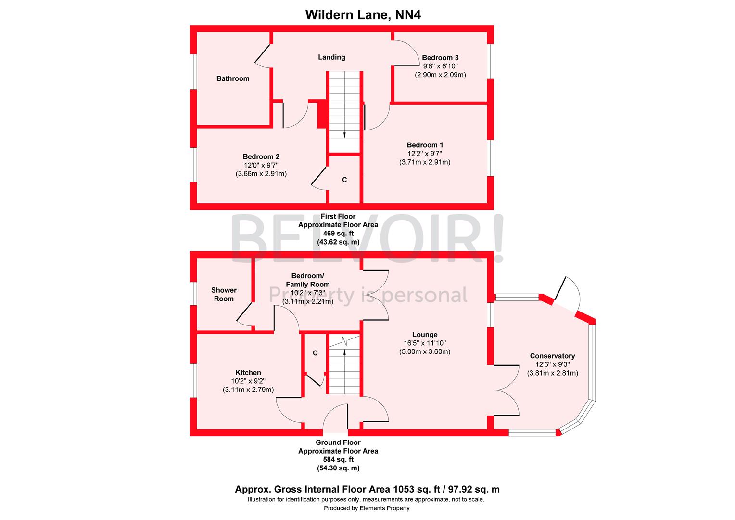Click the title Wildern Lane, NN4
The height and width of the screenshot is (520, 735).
coord(363,15)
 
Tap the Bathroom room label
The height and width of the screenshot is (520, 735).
coord(233,78)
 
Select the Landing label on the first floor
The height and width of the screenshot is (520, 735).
coord(331,57)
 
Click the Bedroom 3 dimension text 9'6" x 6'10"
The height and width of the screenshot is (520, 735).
coord(440,66)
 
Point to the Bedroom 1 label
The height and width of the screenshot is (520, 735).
coord(425,145)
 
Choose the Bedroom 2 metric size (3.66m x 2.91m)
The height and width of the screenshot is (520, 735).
coord(261,174)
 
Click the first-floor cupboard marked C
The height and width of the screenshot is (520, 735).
coord(344,180)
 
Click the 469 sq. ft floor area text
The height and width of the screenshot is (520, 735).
coord(338,234)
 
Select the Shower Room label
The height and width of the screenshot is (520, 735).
coord(224,294)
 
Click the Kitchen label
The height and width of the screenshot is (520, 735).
coord(248,372)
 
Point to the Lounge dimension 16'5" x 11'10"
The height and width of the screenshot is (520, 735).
coord(425,343)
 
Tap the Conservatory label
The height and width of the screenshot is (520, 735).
coord(552,356)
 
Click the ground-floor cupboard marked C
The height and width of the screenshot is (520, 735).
coord(315,353)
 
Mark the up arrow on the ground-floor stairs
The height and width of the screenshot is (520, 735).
coord(344,352)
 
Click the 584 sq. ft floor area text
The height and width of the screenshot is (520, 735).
coord(338,459)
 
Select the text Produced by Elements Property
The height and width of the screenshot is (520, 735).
coord(367,508)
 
